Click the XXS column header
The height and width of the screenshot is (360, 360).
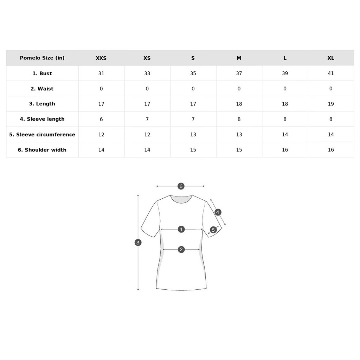101,58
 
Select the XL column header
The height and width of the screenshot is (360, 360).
330,58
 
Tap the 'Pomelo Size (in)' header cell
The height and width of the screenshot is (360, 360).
42,58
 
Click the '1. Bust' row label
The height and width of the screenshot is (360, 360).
42,73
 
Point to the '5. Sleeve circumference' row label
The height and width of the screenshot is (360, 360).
42,135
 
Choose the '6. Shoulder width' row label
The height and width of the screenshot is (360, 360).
42,150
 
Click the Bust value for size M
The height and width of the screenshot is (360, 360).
239,73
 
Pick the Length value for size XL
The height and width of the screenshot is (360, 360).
330,104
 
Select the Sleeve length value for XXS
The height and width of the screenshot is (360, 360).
101,120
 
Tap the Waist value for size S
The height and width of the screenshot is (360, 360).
193,89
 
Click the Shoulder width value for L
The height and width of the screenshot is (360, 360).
285,150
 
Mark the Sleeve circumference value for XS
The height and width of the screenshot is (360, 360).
147,135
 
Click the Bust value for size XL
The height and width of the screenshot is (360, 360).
330,73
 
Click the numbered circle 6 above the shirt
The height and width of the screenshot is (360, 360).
181,186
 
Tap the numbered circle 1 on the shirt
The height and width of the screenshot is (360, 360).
181,229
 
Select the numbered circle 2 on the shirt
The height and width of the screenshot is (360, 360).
181,250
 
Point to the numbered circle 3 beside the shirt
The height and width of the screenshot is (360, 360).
138,243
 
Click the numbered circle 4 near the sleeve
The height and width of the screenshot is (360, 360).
218,212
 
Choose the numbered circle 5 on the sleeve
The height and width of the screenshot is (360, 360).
213,230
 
